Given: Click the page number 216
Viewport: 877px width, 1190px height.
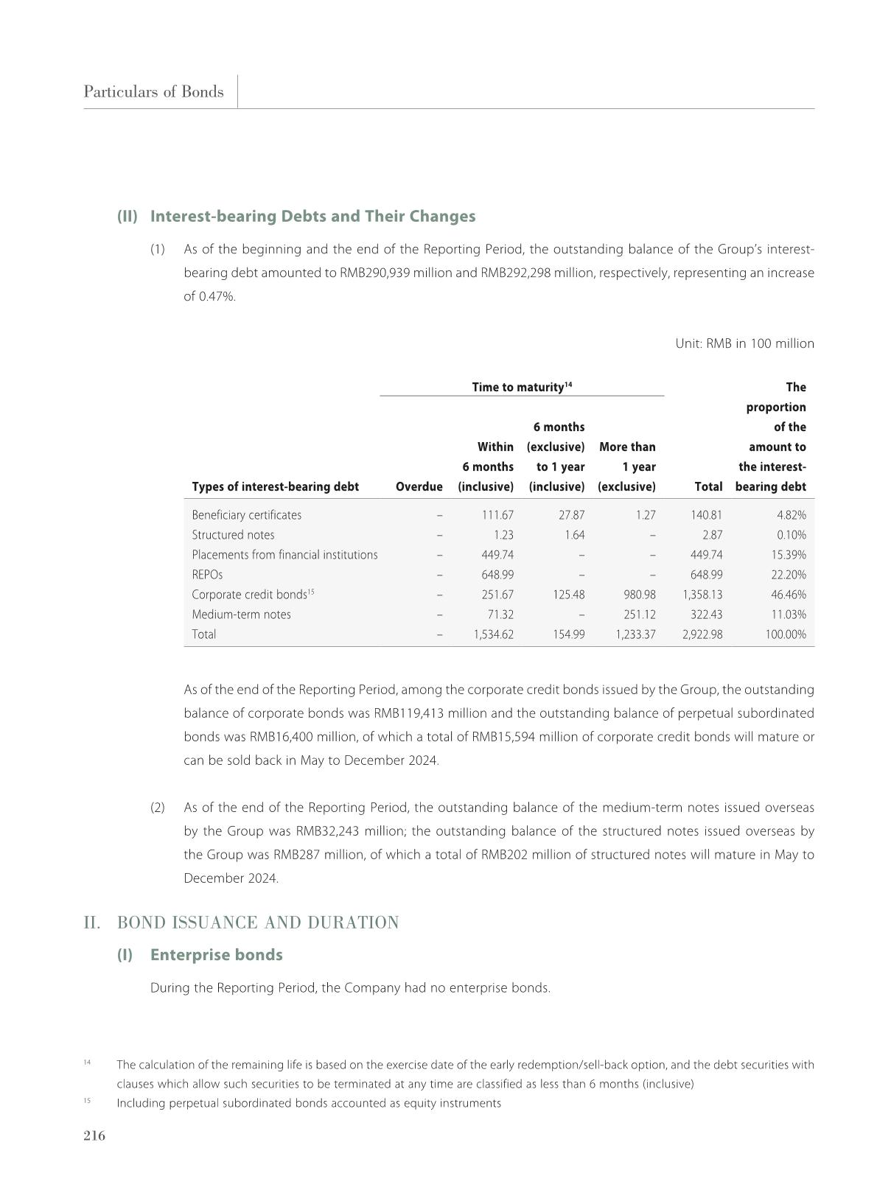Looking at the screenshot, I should (94, 1135).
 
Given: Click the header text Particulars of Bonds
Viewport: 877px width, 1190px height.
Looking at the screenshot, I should (153, 91).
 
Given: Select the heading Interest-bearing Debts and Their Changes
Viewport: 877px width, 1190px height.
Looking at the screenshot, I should (312, 216).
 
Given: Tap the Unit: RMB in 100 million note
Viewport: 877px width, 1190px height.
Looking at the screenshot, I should (744, 343).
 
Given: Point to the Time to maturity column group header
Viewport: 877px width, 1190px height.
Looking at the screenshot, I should (522, 387).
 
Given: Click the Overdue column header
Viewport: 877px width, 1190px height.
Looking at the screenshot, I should (419, 486).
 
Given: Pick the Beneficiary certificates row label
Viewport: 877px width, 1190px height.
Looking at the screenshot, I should (246, 515).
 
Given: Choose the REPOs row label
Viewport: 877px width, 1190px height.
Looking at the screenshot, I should (207, 575).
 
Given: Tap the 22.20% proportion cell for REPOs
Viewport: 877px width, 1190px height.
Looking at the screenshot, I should (788, 575).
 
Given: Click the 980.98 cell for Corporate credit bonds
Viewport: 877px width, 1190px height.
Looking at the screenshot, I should (638, 595).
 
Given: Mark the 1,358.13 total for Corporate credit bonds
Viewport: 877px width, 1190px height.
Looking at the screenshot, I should (702, 595).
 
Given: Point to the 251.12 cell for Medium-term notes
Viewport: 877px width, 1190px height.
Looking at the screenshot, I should (638, 615).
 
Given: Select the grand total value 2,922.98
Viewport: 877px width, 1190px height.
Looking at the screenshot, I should (702, 634).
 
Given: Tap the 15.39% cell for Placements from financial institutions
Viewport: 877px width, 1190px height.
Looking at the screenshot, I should (788, 555).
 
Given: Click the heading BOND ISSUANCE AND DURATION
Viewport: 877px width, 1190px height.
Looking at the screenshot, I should (258, 923).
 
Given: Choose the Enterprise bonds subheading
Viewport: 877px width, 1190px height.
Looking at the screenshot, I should (216, 954).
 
